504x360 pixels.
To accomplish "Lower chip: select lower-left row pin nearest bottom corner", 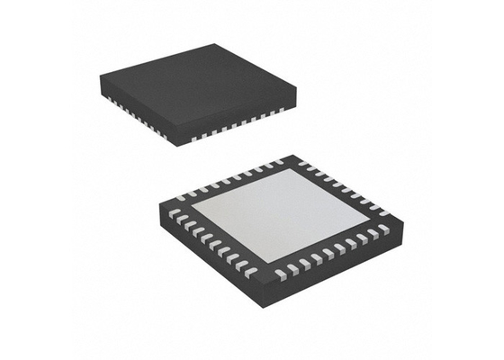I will pos(251,271).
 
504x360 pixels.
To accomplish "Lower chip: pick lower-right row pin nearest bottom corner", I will pos(282,273).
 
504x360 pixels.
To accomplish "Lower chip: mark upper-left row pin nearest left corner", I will pos(181,196).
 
